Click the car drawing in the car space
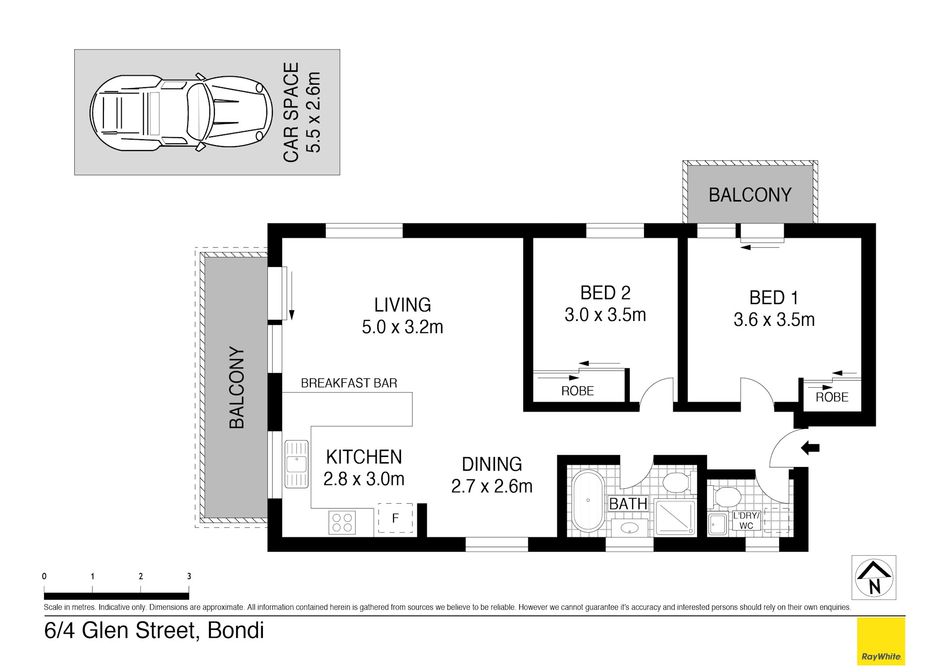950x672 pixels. [181, 112]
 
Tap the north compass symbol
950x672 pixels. [874, 577]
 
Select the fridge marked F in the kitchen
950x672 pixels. [396, 518]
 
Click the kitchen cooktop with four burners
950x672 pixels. [342, 522]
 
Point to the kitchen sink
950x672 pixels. [296, 465]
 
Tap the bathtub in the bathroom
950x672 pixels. [588, 501]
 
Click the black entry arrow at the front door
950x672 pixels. [810, 448]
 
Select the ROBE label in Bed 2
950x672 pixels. [577, 391]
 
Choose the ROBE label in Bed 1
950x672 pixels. [832, 397]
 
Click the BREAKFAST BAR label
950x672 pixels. [349, 383]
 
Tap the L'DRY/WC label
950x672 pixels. [746, 520]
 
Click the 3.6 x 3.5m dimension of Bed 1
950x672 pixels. [774, 320]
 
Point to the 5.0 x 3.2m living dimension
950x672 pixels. [402, 327]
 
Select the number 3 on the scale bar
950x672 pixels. [189, 576]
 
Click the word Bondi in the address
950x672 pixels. [236, 630]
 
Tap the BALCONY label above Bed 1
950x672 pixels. [750, 195]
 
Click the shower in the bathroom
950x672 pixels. [675, 517]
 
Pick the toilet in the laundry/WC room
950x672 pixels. [723, 497]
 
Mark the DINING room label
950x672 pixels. [492, 464]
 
